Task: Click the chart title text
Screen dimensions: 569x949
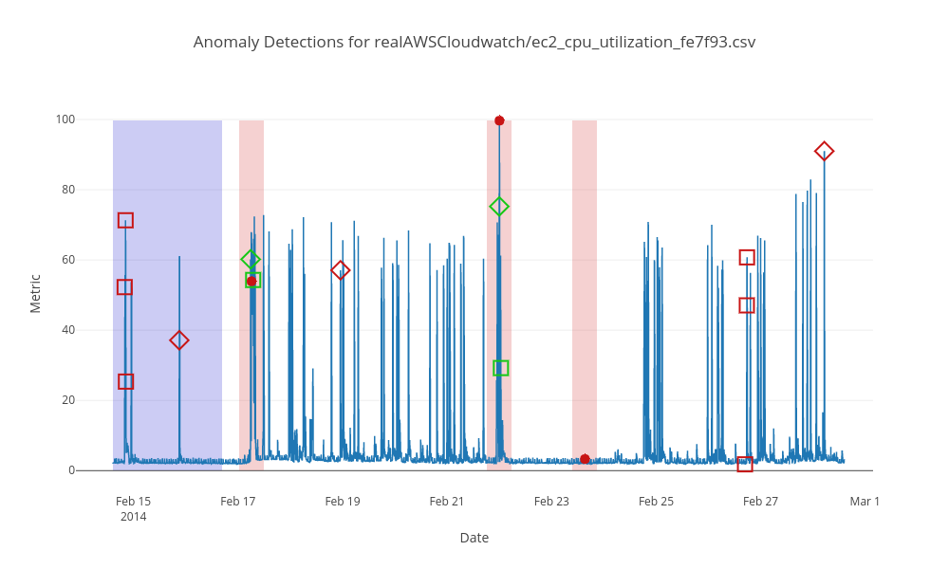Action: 474,42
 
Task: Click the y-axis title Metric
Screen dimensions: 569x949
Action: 35,293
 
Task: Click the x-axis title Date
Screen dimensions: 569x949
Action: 474,538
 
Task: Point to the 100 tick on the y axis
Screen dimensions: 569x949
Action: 65,119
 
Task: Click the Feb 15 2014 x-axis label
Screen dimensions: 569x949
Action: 134,508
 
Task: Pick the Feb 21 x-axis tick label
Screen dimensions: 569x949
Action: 447,501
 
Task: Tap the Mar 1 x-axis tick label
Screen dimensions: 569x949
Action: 865,501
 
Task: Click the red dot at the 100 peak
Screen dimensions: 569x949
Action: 499,120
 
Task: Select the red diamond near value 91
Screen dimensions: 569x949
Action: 824,152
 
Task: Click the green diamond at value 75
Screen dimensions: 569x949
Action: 499,207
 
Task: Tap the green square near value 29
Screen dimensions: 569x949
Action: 501,368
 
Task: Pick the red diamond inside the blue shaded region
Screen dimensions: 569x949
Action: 179,340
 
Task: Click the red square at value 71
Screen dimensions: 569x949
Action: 125,220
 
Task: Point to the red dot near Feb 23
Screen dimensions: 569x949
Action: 585,459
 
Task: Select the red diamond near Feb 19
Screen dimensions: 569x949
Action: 341,270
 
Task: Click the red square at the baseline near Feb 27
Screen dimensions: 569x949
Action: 745,465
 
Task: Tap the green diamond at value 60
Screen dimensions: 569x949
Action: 251,260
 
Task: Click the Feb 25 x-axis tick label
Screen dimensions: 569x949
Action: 656,501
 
